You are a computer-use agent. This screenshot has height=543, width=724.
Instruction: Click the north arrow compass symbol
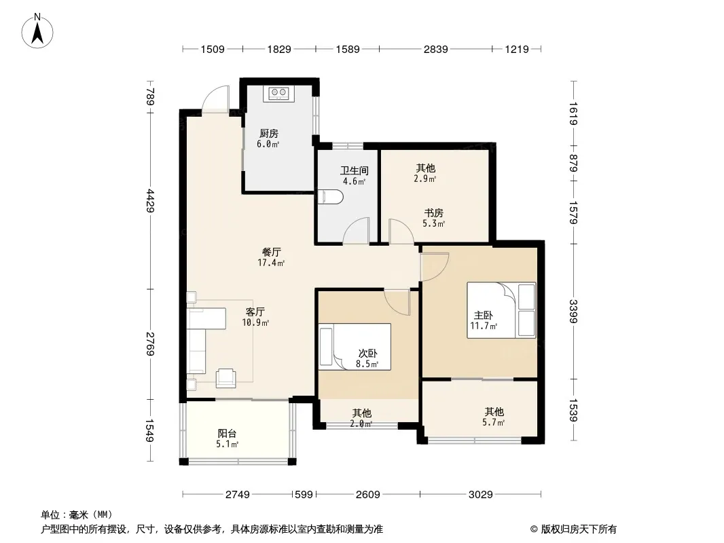coord(37,31)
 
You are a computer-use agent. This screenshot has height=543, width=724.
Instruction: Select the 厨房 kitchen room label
coord(269,134)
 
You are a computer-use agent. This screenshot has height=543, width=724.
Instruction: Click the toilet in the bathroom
coord(331,198)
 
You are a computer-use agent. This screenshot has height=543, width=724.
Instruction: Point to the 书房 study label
coord(433,213)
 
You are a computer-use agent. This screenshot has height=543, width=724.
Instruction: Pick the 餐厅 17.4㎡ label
coord(271,257)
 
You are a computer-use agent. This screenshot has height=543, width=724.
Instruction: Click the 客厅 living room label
coord(255,312)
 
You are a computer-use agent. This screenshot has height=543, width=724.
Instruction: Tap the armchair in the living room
coord(226,377)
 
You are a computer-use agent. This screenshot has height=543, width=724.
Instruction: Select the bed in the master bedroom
coord(501,310)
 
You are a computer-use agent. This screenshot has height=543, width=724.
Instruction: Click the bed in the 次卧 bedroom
coord(355,346)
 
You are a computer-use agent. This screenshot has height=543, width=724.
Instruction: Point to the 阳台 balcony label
coord(227,434)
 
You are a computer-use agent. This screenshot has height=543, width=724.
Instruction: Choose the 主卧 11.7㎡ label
coord(484,320)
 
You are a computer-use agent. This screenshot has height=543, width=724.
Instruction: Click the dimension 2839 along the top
coord(435,49)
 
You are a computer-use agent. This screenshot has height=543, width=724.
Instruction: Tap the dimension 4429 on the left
coord(150,200)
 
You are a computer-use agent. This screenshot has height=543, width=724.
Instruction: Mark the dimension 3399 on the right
coord(573,312)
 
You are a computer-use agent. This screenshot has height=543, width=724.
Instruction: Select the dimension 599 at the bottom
coord(304,495)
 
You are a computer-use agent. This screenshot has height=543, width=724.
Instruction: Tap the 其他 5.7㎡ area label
coord(494,417)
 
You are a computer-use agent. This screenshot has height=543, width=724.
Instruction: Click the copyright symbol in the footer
coord(535,529)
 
